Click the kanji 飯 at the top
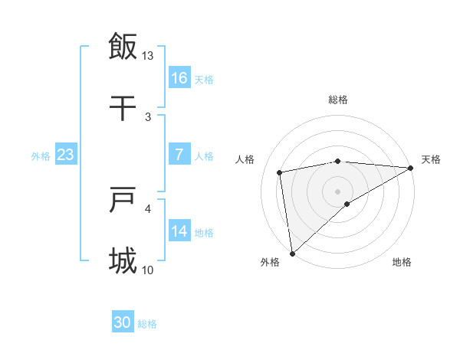click(123, 46)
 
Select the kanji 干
click(123, 108)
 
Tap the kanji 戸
click(123, 200)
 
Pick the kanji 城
click(123, 260)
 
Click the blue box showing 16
click(179, 78)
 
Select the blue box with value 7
click(179, 155)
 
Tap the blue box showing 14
click(179, 231)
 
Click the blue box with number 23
click(66, 155)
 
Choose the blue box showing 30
click(123, 322)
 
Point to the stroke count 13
click(148, 56)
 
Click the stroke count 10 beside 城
click(148, 270)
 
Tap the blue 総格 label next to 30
click(147, 324)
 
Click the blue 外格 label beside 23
click(41, 156)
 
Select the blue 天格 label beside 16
click(204, 80)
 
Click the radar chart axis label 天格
click(431, 159)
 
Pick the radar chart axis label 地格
click(402, 262)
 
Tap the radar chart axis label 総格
click(338, 100)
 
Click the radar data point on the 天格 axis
click(411, 168)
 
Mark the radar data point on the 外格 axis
click(292, 253)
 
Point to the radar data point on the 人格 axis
click(280, 172)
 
